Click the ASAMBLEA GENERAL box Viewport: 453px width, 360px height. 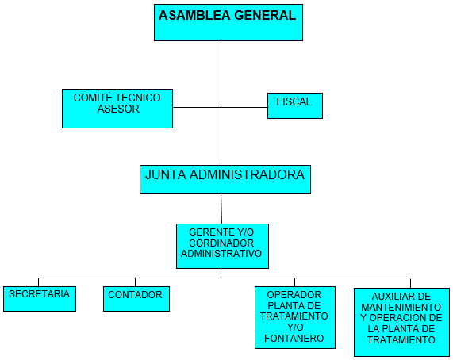pos(228,22)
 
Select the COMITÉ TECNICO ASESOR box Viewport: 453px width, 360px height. pos(117,109)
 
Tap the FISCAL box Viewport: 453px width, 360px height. pos(295,105)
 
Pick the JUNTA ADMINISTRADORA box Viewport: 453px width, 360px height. pos(225,179)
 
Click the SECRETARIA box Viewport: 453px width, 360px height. pos(40,299)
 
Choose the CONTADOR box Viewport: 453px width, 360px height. pos(136,299)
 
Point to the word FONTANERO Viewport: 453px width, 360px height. pos(294,338)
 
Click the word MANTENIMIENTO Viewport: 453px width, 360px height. pos(401,307)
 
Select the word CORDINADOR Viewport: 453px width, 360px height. pos(221,243)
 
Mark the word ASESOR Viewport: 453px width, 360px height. pos(118,109)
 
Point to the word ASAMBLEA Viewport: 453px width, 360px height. pos(194,15)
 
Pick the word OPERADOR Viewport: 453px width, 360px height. pos(294,295)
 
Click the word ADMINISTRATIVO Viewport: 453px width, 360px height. pos(221,254)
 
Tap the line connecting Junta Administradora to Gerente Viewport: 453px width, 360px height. pos(221,209)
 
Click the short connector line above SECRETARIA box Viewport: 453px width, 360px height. pos(38,282)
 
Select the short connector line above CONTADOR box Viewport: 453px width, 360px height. pos(135,282)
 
